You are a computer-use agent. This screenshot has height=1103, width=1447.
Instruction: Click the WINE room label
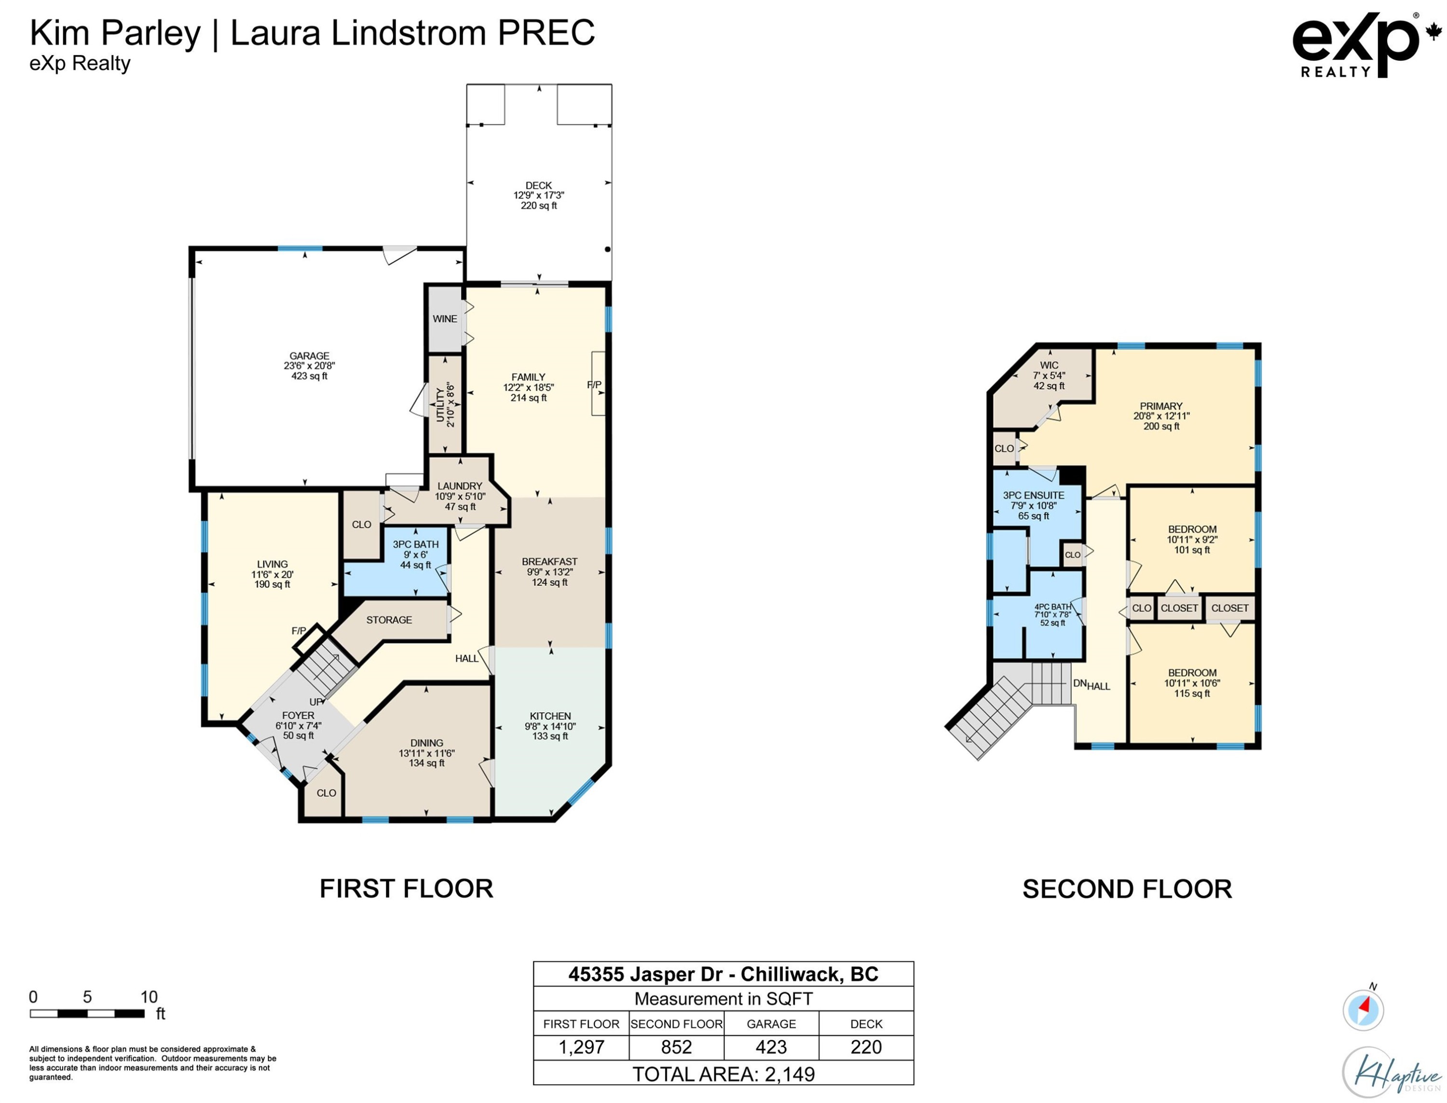point(445,319)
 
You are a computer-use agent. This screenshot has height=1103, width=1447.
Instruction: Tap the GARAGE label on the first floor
point(309,356)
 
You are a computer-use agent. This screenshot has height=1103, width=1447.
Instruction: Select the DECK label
point(538,186)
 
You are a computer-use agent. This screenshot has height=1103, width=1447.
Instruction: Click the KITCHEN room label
point(550,716)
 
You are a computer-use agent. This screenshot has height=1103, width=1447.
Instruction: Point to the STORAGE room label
point(389,620)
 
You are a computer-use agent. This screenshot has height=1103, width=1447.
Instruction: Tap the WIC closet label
point(1049,365)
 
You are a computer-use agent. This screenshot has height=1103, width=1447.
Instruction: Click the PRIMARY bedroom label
point(1161,407)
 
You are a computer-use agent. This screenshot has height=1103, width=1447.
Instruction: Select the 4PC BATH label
point(1052,607)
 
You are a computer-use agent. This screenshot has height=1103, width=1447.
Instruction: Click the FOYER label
point(298,716)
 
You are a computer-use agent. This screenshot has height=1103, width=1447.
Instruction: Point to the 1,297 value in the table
point(581,1047)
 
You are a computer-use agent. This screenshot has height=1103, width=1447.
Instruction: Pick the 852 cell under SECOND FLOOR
point(676,1047)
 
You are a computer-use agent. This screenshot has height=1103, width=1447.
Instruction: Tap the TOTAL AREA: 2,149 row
point(723,1074)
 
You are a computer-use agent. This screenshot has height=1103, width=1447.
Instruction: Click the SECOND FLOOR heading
point(1127,889)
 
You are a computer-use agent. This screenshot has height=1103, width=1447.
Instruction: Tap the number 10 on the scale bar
point(149,996)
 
